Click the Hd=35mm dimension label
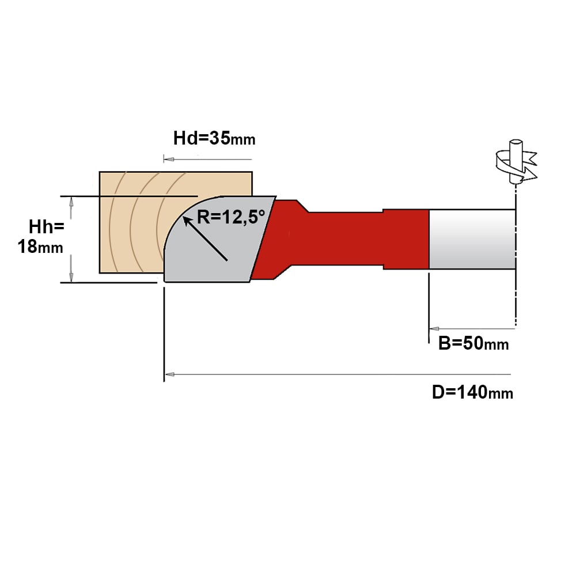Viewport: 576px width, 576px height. click(214, 138)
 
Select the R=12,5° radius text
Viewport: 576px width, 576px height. click(231, 217)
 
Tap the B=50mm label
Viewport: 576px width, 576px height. click(473, 343)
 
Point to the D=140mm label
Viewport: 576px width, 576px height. click(472, 392)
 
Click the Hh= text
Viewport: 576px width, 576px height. click(47, 226)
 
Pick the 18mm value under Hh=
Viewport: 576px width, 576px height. click(40, 247)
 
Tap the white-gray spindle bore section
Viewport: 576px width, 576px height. click(472, 239)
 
